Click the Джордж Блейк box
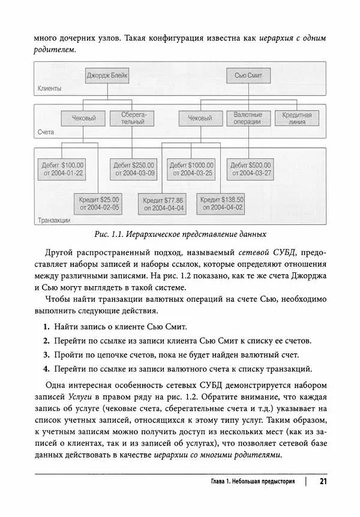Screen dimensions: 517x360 107,77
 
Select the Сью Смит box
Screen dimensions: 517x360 248,77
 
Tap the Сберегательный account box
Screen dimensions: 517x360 130,118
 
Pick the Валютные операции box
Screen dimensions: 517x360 248,118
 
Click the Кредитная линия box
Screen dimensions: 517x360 296,118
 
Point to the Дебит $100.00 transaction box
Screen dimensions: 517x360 62,169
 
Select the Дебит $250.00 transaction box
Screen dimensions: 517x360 133,169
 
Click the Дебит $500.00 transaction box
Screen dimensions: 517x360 251,169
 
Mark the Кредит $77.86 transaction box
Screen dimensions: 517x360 163,205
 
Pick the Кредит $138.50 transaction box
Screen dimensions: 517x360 222,204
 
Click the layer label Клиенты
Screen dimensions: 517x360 50,89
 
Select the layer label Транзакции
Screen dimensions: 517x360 54,220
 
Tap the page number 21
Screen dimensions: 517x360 322,481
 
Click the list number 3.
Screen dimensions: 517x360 46,355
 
